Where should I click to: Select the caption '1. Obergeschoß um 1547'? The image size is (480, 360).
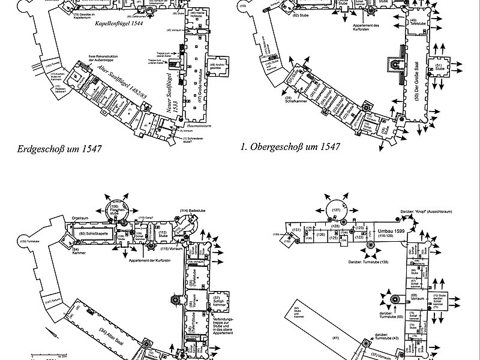point(290,146)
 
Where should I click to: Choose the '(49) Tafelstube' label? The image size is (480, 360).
point(413,23)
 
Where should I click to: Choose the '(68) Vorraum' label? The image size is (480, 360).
point(415,297)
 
